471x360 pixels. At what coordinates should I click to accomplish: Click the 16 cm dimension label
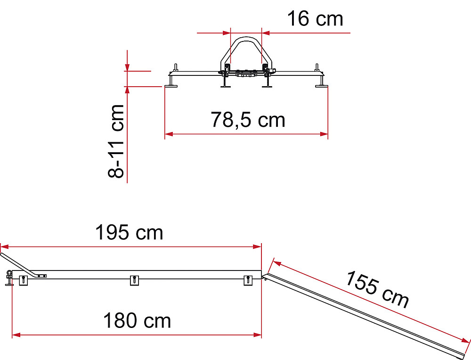click(315, 19)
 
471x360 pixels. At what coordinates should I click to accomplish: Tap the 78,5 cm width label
click(248, 120)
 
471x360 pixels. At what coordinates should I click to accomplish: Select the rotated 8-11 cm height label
click(116, 141)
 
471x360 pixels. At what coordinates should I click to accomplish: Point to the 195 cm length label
click(129, 232)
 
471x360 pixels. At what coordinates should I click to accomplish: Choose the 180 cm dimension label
click(137, 320)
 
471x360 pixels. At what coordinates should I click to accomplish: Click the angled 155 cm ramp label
click(377, 289)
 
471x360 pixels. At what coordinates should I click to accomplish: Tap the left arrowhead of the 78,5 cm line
click(169, 134)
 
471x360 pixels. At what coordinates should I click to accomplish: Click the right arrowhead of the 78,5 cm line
click(324, 134)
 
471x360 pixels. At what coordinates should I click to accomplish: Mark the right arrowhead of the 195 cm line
click(258, 247)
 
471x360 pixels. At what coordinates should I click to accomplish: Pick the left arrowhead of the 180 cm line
click(16, 335)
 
